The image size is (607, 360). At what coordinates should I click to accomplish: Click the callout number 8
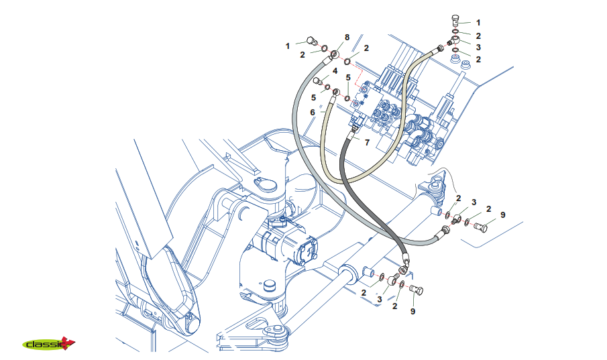[347, 37]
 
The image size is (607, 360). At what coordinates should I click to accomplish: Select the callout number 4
[334, 70]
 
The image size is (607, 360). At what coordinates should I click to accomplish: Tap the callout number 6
[312, 112]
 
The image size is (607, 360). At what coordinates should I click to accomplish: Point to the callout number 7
[367, 142]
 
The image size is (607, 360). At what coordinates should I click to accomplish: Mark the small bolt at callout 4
[319, 82]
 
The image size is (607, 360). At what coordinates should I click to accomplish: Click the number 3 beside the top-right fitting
[478, 48]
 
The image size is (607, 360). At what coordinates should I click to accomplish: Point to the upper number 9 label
[502, 215]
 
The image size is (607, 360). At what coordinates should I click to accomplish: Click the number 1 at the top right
[478, 23]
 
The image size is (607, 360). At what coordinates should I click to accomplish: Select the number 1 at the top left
[287, 46]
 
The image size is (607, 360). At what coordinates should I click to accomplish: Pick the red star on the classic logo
[68, 343]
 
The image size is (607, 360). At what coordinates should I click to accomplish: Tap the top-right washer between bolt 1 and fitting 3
[456, 32]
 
